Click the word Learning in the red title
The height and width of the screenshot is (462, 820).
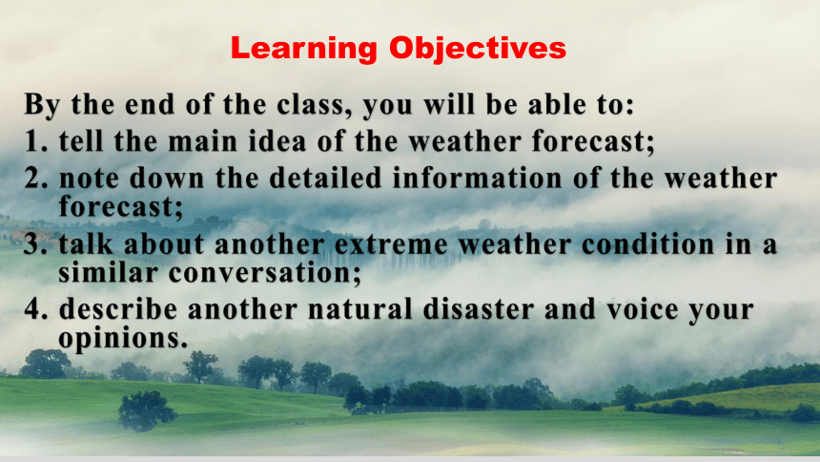[x=304, y=49]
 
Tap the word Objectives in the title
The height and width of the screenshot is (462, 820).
[x=478, y=49]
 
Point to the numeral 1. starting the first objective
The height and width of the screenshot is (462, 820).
[x=35, y=141]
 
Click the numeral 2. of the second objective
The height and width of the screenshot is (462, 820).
[x=35, y=178]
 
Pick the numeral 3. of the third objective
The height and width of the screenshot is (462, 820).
[x=35, y=244]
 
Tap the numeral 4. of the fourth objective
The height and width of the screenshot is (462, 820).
[x=35, y=308]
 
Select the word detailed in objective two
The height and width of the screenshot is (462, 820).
[x=325, y=178]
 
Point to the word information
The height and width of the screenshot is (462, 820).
[x=478, y=178]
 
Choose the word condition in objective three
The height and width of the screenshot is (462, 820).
[x=648, y=244]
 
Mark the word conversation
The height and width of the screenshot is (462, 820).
[x=265, y=273]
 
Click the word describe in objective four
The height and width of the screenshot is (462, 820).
[x=117, y=308]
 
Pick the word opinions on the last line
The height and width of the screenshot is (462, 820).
[x=123, y=338]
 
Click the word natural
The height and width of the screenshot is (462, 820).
[x=359, y=308]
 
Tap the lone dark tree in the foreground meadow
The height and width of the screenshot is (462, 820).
[x=146, y=410]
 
